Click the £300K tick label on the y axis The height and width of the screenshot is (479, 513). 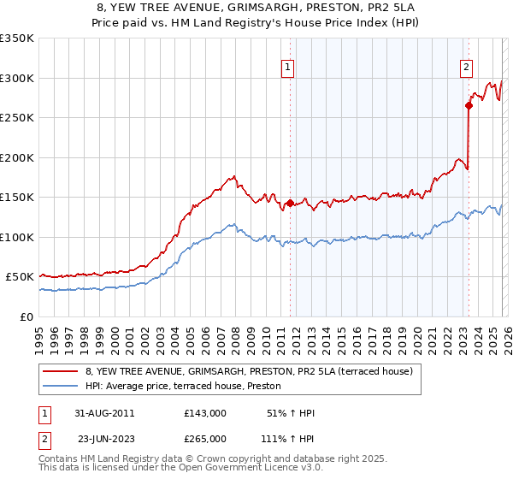tap(17, 78)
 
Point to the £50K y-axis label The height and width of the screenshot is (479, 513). tap(20, 277)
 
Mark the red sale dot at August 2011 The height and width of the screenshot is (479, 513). tap(290, 203)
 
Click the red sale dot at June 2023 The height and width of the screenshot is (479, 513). tap(469, 106)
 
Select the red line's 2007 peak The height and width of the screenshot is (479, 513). tap(233, 176)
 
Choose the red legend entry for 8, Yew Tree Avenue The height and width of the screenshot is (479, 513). tap(249, 371)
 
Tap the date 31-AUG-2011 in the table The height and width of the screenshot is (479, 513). tap(104, 413)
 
